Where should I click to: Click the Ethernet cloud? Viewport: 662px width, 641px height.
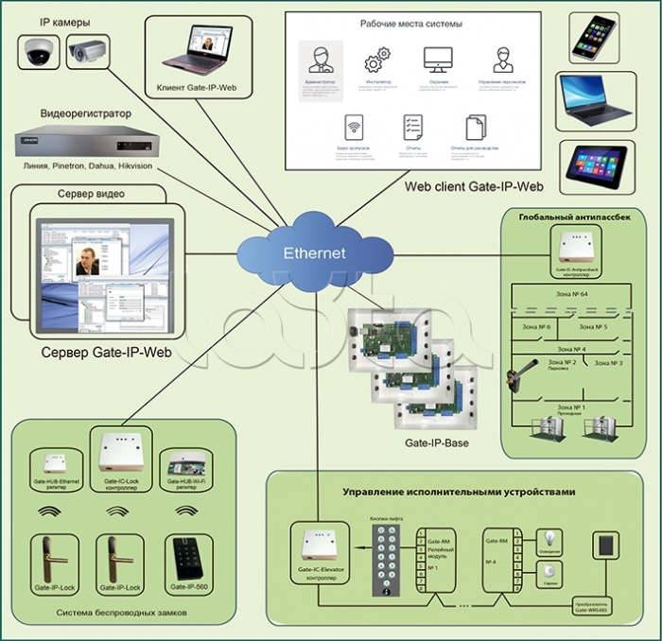click(315, 252)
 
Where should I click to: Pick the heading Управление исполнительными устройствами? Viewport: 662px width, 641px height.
click(461, 492)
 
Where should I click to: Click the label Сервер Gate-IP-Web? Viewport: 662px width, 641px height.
click(106, 353)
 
